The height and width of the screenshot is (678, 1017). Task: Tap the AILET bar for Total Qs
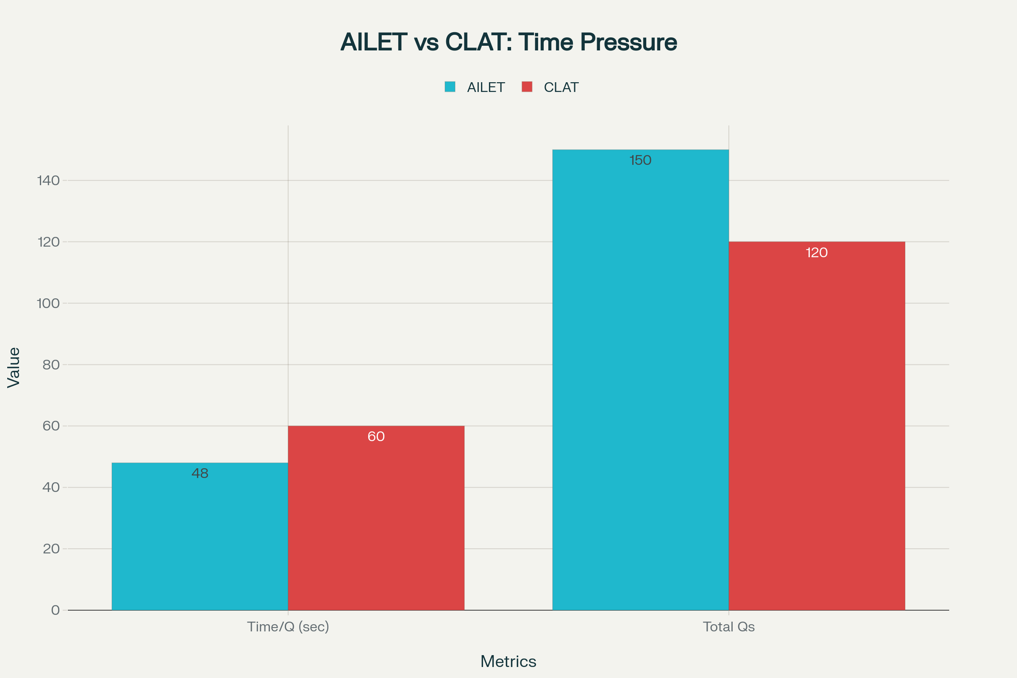pos(640,381)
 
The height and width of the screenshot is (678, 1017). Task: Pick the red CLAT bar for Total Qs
pos(817,428)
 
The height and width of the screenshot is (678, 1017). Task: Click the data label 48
pos(200,473)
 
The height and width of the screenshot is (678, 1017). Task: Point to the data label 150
pos(640,161)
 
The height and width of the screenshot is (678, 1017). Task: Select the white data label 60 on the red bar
pos(376,436)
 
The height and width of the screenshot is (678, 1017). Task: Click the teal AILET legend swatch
pos(450,87)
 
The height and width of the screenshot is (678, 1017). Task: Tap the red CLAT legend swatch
pos(527,87)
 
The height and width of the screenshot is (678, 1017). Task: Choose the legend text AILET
pos(486,87)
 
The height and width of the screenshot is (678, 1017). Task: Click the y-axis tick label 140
pos(48,181)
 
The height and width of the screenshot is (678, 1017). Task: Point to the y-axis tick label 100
pos(48,303)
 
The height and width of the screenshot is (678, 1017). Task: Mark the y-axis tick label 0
pos(56,610)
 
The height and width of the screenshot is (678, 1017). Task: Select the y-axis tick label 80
pos(51,365)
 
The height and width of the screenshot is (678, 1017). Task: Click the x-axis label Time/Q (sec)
pos(288,627)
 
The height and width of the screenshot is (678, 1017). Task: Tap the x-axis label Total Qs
pos(728,627)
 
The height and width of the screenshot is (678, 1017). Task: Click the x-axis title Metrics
pos(508,661)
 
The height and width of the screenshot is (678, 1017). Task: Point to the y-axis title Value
pos(14,367)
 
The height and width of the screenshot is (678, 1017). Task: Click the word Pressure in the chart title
pos(628,42)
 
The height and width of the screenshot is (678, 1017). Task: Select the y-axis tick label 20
pos(51,549)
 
